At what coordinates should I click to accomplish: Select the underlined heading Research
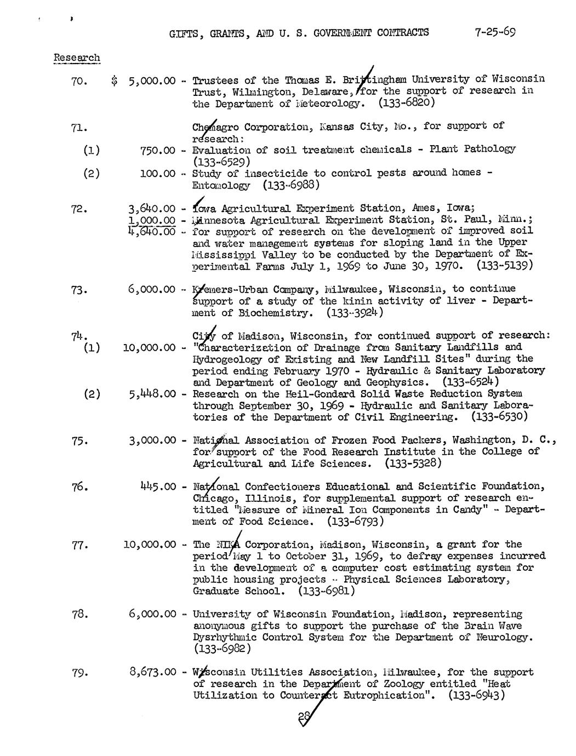click(77, 58)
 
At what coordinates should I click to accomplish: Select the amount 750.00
click(158, 150)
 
